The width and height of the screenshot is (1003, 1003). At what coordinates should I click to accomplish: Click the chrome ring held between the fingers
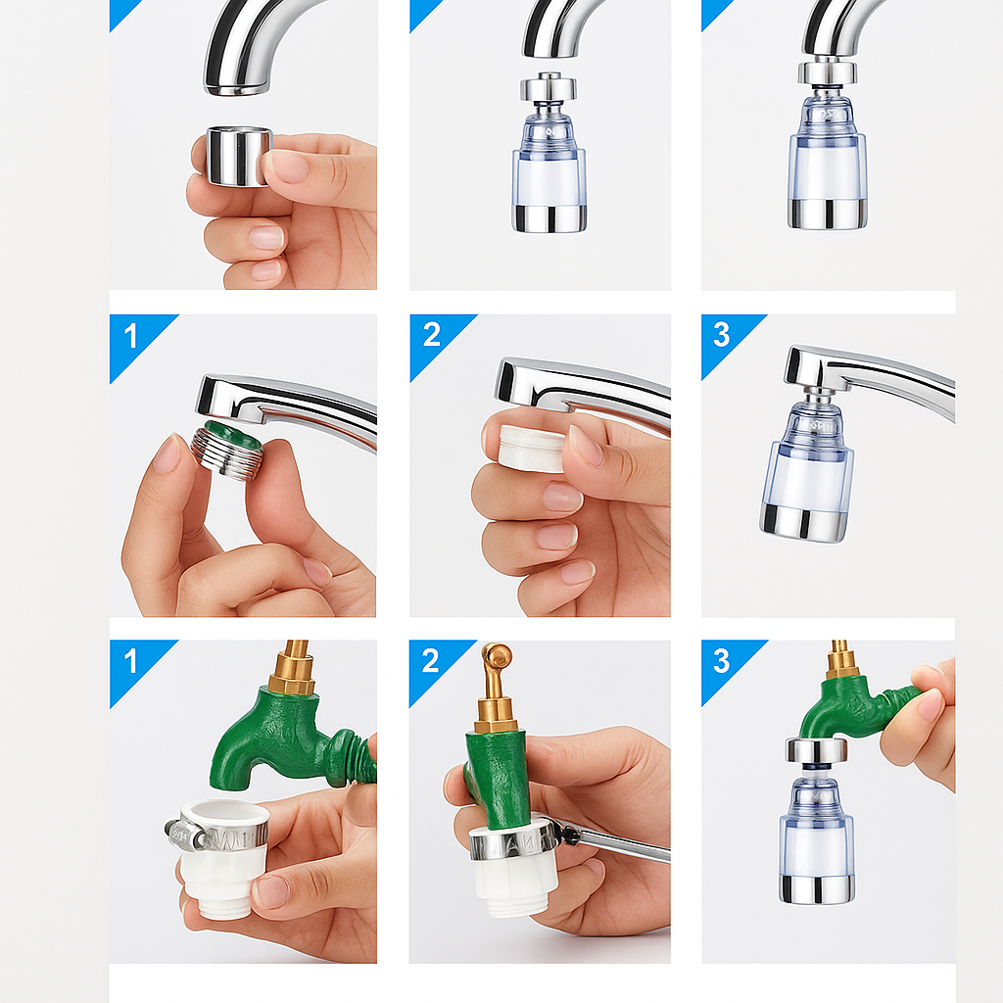pos(239,157)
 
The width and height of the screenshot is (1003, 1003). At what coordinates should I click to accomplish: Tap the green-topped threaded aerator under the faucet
pos(227,449)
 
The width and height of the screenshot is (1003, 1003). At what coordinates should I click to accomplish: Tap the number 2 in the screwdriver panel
pos(431,661)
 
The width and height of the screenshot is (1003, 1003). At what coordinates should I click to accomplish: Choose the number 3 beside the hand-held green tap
pos(722,661)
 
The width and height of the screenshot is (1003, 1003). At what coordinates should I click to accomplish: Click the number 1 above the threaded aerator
pos(131,336)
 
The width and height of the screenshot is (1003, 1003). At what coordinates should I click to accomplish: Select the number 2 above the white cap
pos(432,335)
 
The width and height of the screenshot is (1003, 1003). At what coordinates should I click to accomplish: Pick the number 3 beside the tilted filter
pos(722,335)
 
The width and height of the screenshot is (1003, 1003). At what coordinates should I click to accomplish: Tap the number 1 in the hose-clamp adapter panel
pos(131,661)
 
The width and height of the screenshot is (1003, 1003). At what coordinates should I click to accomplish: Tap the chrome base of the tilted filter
pos(805,523)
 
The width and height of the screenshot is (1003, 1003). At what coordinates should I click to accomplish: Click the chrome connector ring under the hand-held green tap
pos(816,750)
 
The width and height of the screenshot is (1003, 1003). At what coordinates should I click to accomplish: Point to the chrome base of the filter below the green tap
pos(817,889)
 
